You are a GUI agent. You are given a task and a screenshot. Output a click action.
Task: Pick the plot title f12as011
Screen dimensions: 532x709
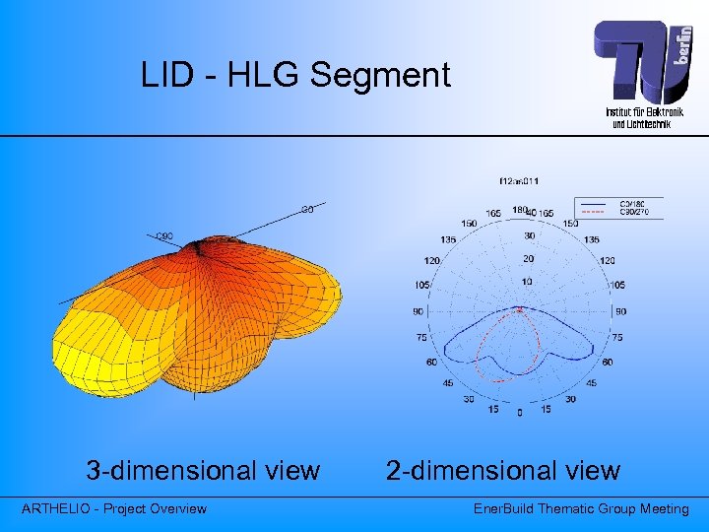tap(519, 181)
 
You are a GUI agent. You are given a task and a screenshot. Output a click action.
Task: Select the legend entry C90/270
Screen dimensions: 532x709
tap(636, 211)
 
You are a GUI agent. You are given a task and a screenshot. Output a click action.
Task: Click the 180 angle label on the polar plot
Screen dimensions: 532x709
tap(519, 209)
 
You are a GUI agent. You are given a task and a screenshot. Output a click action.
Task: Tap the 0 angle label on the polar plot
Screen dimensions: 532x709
tap(520, 413)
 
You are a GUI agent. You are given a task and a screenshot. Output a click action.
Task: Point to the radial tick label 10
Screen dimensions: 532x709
tap(527, 282)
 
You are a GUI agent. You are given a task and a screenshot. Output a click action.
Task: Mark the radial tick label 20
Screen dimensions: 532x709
tap(528, 258)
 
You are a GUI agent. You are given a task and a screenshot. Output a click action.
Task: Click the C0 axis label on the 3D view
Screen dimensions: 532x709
tap(308, 209)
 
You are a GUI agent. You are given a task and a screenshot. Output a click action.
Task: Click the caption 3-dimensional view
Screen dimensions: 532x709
tap(203, 471)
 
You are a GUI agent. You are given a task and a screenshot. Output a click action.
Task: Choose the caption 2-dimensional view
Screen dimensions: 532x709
tap(502, 471)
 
